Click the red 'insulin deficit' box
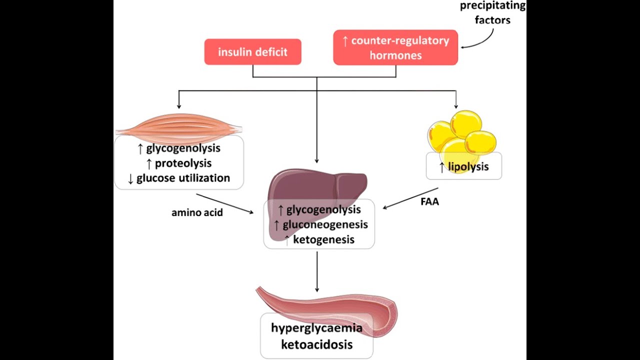point(252,52)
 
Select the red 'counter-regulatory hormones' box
point(395,47)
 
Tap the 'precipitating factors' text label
point(492,13)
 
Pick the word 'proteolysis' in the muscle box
point(183,163)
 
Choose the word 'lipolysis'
point(468,167)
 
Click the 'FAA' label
point(429,202)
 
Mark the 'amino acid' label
point(197,212)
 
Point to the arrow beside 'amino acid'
point(225,203)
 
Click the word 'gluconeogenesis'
point(325,224)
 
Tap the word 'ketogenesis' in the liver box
point(323,239)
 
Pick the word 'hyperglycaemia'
point(316,328)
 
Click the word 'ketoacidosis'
point(316,344)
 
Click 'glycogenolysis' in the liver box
point(323,209)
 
